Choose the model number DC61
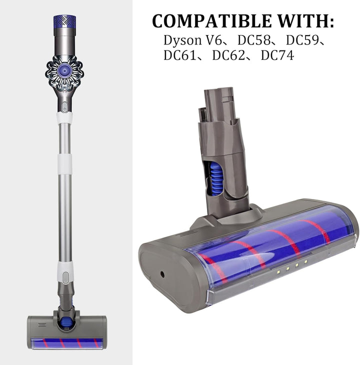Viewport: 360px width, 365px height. click(180, 55)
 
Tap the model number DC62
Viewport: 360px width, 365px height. click(229, 55)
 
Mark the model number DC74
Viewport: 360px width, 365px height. click(277, 55)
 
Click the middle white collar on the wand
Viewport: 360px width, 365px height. click(63, 163)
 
